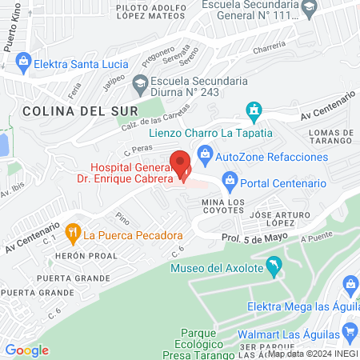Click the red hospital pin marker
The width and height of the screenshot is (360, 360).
182,163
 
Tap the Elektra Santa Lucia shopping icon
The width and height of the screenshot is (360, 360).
23,60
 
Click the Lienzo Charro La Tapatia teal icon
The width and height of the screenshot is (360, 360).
254,110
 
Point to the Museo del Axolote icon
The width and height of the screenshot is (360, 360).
274,264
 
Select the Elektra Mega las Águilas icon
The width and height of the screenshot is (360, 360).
350,284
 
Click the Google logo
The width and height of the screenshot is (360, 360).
27,350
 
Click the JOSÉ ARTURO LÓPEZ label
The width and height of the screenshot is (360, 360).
278,220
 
